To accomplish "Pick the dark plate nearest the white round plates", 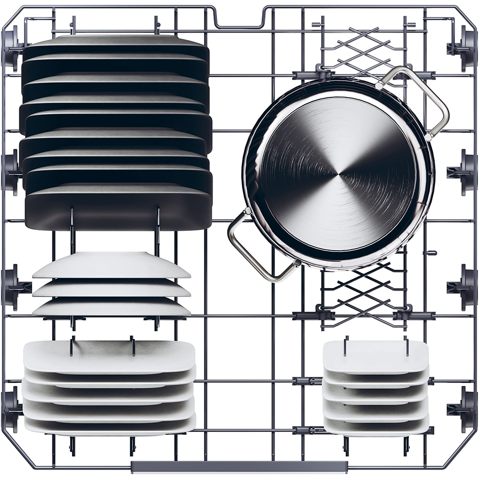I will pyautogui.click(x=118, y=211).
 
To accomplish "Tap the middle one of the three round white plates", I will pyautogui.click(x=111, y=288).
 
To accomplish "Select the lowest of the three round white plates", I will pyautogui.click(x=111, y=307).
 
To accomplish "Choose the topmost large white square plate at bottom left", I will pyautogui.click(x=109, y=356).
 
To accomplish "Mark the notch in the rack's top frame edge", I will pyautogui.click(x=239, y=22).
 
